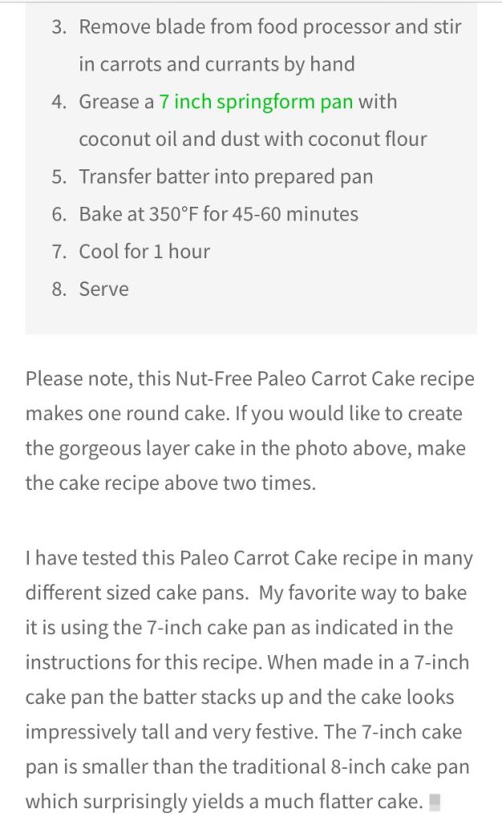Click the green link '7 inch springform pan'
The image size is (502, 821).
pyautogui.click(x=256, y=102)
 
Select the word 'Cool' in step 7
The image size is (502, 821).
pyautogui.click(x=98, y=252)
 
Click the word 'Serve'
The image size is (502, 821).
pyautogui.click(x=103, y=289)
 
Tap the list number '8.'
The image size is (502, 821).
pyautogui.click(x=59, y=289)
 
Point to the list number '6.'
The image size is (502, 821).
pyautogui.click(x=59, y=214)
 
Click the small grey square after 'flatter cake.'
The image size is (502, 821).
pyautogui.click(x=435, y=802)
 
